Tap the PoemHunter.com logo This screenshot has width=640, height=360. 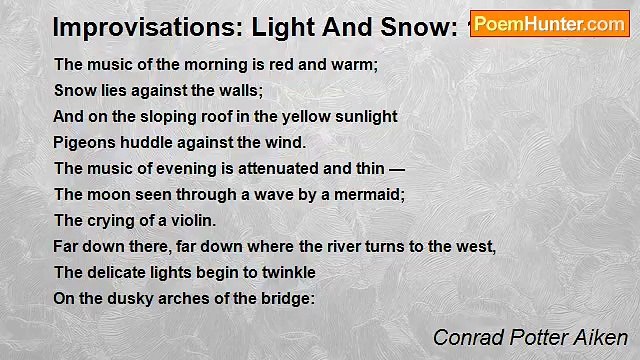point(549,24)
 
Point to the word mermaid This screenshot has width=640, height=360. point(368,195)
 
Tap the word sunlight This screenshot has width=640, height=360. point(364,117)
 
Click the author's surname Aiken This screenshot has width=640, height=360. point(601,338)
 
